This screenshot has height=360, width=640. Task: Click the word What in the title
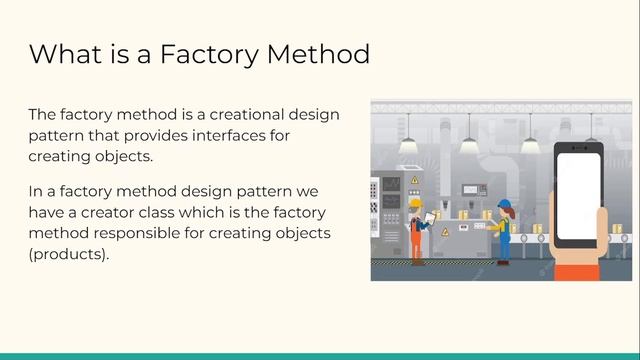coord(66,53)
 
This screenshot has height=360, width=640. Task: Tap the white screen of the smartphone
coord(578,195)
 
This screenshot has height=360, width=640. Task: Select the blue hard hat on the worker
coord(504,204)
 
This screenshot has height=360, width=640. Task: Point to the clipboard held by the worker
coord(430,217)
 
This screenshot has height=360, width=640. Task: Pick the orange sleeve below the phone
coord(578,270)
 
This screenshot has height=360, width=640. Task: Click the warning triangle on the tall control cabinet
coord(414,180)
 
